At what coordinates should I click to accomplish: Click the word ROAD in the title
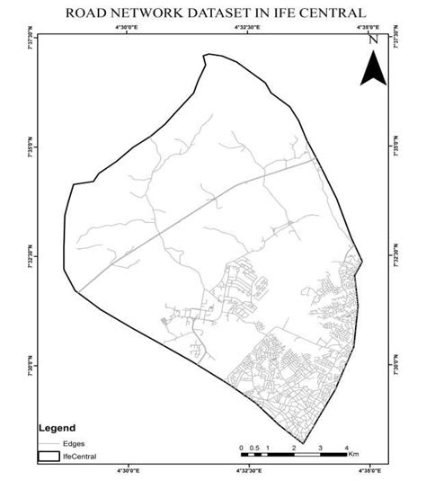pyautogui.click(x=86, y=13)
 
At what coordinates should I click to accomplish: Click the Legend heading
pyautogui.click(x=57, y=429)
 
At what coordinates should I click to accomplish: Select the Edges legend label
pyautogui.click(x=74, y=443)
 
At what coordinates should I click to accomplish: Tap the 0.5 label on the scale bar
pyautogui.click(x=254, y=447)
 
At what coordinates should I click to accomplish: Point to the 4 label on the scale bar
pyautogui.click(x=347, y=447)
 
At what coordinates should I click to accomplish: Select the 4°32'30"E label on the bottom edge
pyautogui.click(x=247, y=468)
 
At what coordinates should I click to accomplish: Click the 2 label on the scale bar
pyautogui.click(x=294, y=447)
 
